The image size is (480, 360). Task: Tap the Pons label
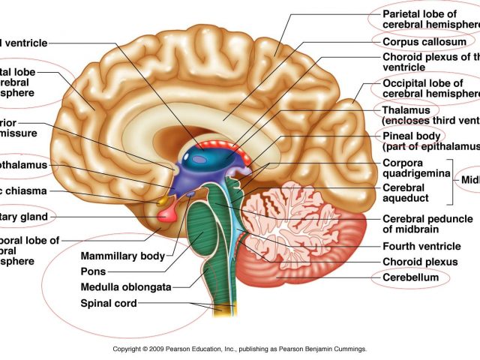click(93, 271)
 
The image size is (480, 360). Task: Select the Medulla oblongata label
click(127, 287)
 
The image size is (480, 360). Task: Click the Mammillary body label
click(122, 256)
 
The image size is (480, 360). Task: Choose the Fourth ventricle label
click(421, 246)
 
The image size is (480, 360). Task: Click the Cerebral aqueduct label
click(406, 193)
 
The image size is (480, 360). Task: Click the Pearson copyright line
click(239, 349)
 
